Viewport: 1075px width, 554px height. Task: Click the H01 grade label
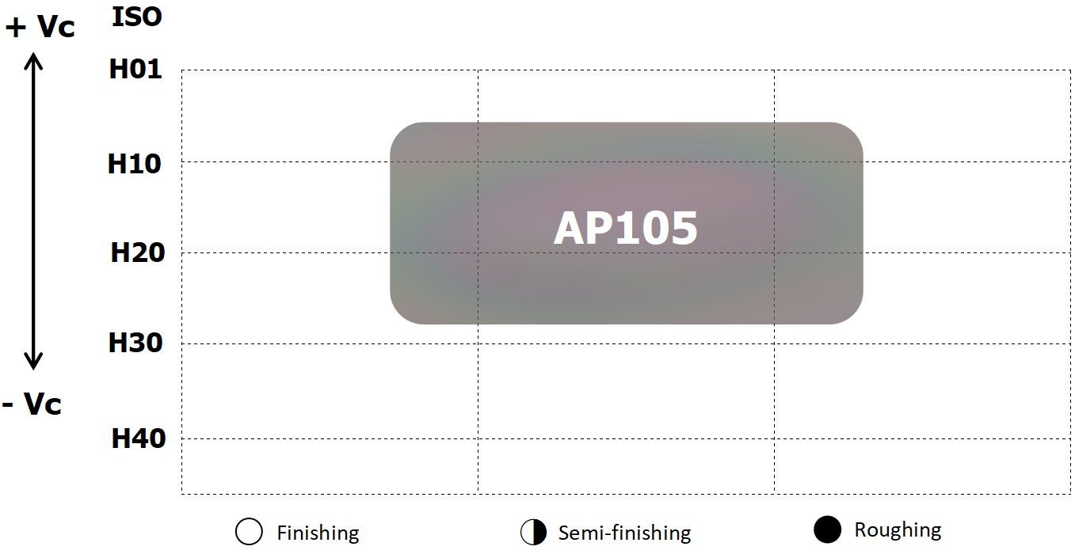pyautogui.click(x=135, y=69)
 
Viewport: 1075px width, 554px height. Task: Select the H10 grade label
pyautogui.click(x=134, y=164)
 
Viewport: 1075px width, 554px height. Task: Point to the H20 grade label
pyautogui.click(x=138, y=252)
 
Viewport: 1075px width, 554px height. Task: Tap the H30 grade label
pyautogui.click(x=135, y=343)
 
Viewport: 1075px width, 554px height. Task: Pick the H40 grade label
pyautogui.click(x=138, y=438)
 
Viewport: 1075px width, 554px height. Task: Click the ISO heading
pyautogui.click(x=137, y=17)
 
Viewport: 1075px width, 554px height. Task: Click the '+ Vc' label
pyautogui.click(x=40, y=26)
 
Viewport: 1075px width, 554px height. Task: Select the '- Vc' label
pyautogui.click(x=32, y=404)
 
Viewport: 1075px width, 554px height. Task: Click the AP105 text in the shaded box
pyautogui.click(x=625, y=228)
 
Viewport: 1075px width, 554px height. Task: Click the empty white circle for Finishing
pyautogui.click(x=249, y=532)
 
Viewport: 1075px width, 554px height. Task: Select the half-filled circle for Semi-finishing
pyautogui.click(x=533, y=532)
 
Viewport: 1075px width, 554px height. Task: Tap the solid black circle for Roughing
pyautogui.click(x=827, y=529)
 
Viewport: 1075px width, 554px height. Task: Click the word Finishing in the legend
pyautogui.click(x=318, y=533)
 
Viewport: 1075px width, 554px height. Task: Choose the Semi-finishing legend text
pyautogui.click(x=624, y=533)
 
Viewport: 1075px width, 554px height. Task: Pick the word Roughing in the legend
pyautogui.click(x=898, y=530)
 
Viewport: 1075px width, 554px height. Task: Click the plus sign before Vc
pyautogui.click(x=16, y=28)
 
